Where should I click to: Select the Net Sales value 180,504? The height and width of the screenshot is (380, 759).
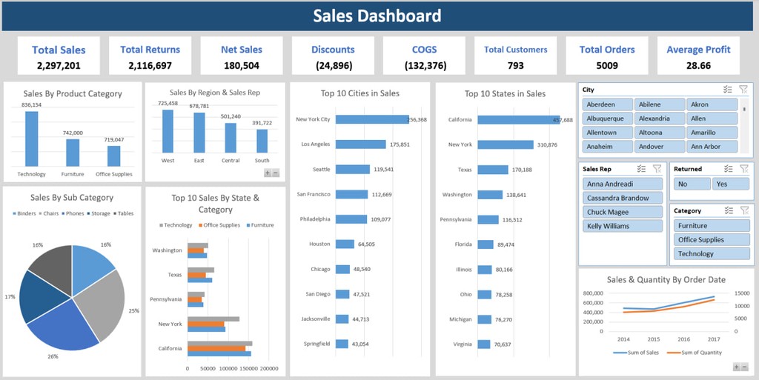pyautogui.click(x=241, y=65)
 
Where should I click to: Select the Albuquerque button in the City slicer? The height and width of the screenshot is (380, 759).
pyautogui.click(x=609, y=119)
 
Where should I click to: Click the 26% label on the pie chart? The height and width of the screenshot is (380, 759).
pyautogui.click(x=53, y=356)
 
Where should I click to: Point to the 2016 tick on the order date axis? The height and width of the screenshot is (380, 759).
pyautogui.click(x=683, y=339)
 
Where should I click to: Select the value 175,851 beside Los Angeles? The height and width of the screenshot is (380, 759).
pyautogui.click(x=399, y=144)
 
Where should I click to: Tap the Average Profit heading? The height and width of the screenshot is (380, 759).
pyautogui.click(x=698, y=50)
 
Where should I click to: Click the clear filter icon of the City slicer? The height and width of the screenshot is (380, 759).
pyautogui.click(x=743, y=90)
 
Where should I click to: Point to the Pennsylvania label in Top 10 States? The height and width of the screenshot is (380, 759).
pyautogui.click(x=456, y=220)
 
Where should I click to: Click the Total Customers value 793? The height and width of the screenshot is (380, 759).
pyautogui.click(x=515, y=65)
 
